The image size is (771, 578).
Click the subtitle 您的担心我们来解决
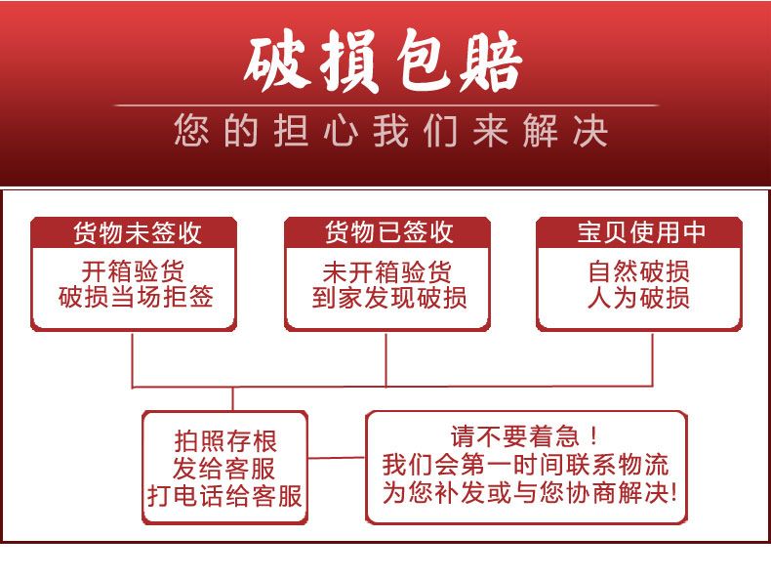pyautogui.click(x=390, y=131)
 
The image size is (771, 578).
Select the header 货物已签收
pyautogui.click(x=388, y=232)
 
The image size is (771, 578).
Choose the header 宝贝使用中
pyautogui.click(x=640, y=232)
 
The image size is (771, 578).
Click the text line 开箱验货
pyautogui.click(x=133, y=270)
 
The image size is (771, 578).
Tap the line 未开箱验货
pyautogui.click(x=387, y=270)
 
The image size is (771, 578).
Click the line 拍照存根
pyautogui.click(x=225, y=439)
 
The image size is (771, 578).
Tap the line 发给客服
pyautogui.click(x=225, y=467)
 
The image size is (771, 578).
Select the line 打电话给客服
pyautogui.click(x=225, y=495)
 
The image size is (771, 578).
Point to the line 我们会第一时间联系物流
pyautogui.click(x=525, y=464)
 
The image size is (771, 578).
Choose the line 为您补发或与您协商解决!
pyautogui.click(x=528, y=492)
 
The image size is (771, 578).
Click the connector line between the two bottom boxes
pyautogui.click(x=337, y=457)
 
